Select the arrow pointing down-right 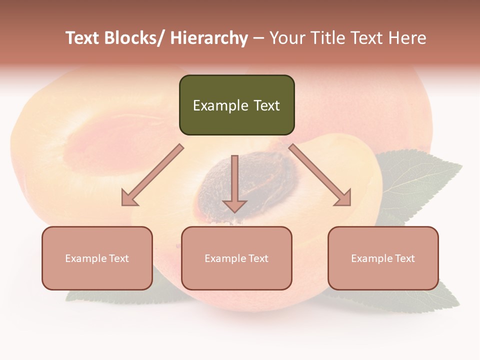320,175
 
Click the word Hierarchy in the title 209,38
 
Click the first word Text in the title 83,38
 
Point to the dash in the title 258,38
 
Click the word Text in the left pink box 119,258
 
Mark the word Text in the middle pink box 258,258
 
